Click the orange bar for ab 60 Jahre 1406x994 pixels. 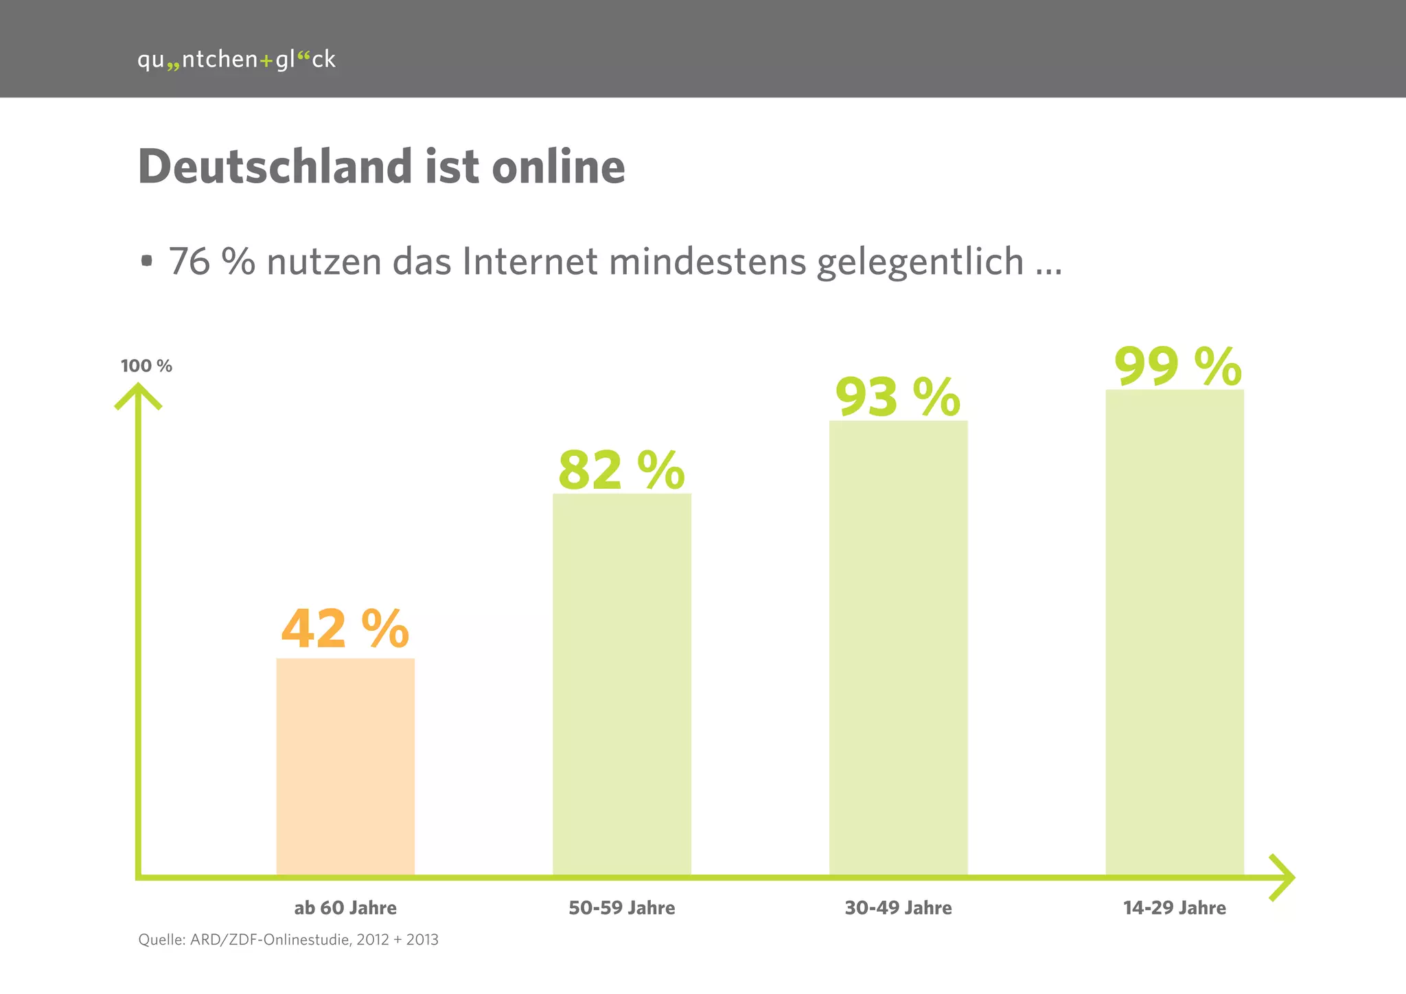(x=345, y=765)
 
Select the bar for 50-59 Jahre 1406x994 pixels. (x=622, y=683)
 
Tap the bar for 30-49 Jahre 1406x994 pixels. (x=898, y=647)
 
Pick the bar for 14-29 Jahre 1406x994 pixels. (x=1175, y=632)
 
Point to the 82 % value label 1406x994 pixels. (x=621, y=471)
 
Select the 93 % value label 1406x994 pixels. (x=897, y=397)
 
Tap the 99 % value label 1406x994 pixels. (x=1177, y=367)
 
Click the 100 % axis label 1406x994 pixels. (x=146, y=366)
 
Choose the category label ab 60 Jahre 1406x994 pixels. (x=345, y=908)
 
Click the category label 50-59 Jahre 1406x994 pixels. (x=622, y=908)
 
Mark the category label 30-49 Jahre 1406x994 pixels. (x=898, y=908)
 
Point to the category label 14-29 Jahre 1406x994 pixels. (x=1175, y=908)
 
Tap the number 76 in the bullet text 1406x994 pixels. (x=189, y=262)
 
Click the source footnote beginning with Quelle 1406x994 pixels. (x=288, y=940)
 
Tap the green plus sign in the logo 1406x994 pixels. (x=266, y=61)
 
